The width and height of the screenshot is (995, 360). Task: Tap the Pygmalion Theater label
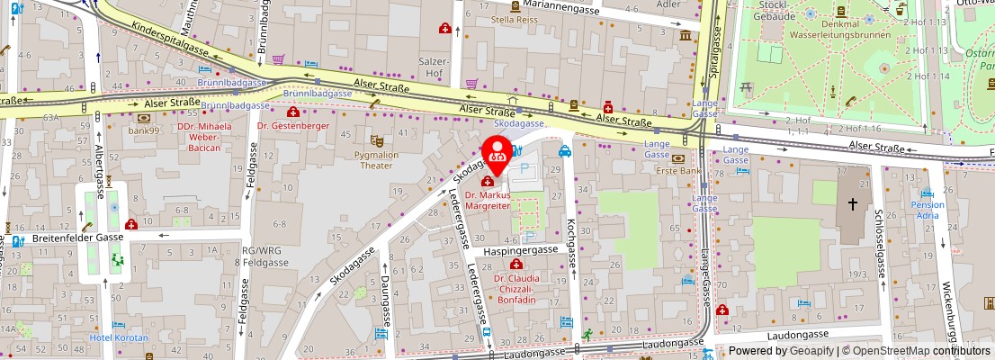pos(377,159)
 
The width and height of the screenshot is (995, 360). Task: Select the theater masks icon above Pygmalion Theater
pos(376,140)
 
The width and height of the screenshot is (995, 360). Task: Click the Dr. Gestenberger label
pos(292,126)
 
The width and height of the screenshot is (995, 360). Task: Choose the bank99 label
pos(143,130)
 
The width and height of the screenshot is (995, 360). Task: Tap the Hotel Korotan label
pos(119,337)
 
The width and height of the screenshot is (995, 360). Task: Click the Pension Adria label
pos(928,210)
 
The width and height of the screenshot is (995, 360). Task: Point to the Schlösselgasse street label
pos(878,243)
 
